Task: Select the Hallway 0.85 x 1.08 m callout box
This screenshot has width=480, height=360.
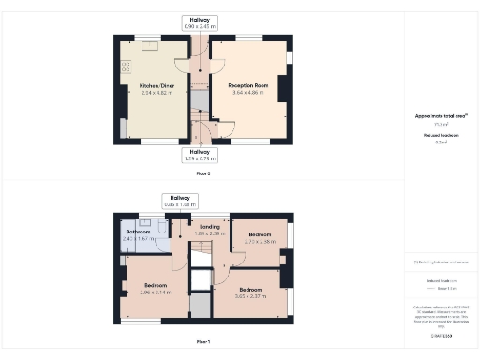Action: pos(181,202)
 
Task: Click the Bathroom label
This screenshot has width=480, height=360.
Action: pos(137,232)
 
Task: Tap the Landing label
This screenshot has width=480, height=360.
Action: pos(209,226)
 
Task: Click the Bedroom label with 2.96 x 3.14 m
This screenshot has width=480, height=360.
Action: pos(156,285)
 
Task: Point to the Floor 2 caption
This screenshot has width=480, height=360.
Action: pos(203,173)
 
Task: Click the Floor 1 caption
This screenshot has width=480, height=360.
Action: pos(203,341)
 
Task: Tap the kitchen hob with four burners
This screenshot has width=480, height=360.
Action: pos(125,67)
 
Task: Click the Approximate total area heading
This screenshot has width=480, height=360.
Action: pos(441,116)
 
